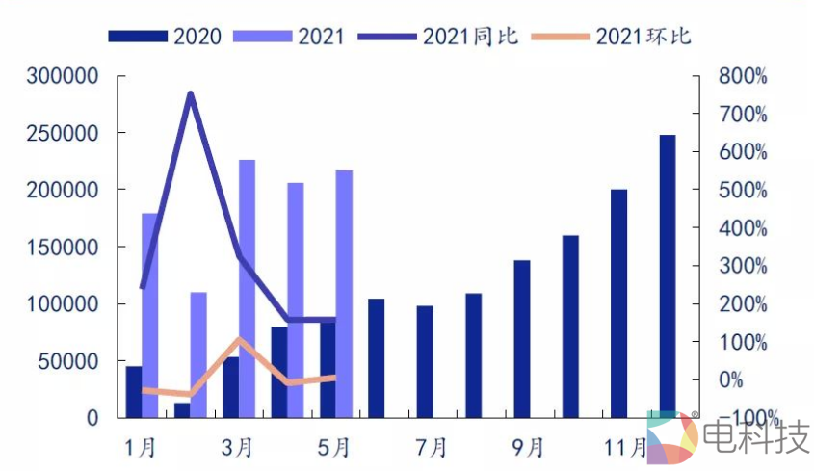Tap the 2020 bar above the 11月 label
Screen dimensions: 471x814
point(618,303)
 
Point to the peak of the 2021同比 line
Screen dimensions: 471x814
point(191,93)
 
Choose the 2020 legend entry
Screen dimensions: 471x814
point(165,37)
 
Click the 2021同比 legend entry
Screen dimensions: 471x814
point(438,37)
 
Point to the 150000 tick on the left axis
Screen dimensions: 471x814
point(64,248)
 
